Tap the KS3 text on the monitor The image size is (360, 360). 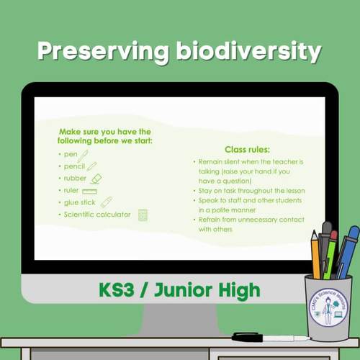(x=120, y=290)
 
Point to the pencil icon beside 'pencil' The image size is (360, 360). (x=91, y=166)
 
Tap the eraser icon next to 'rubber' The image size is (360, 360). (x=96, y=178)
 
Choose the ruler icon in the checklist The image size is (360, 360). (x=89, y=191)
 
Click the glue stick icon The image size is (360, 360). (x=107, y=202)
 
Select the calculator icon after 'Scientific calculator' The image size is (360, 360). (x=143, y=215)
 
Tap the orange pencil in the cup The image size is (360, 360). (x=315, y=256)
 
